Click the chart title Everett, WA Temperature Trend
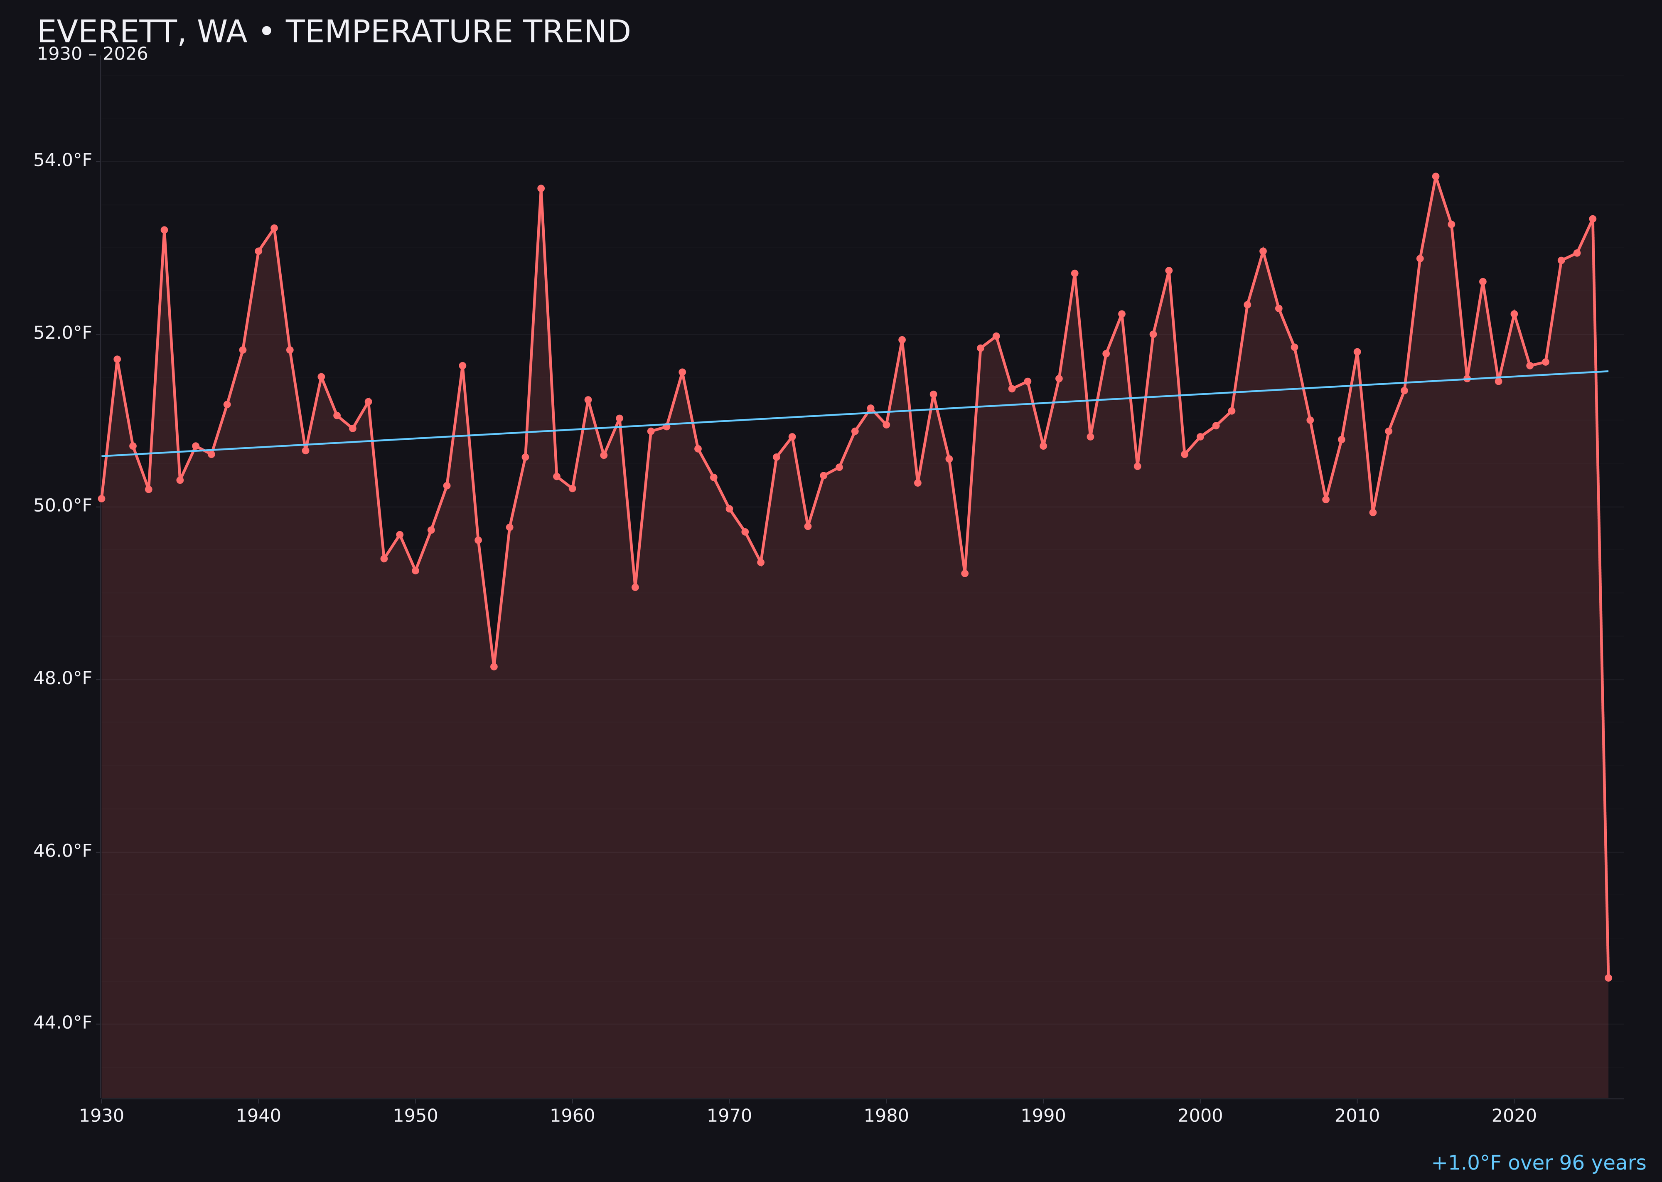click(333, 32)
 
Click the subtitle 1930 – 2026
click(92, 54)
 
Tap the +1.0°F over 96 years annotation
click(1538, 1163)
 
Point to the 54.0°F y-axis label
click(63, 160)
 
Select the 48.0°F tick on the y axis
click(63, 678)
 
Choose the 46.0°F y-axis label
click(63, 851)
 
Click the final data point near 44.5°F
click(1608, 978)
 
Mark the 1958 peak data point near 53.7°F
click(541, 189)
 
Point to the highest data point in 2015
click(1436, 176)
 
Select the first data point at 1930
click(102, 499)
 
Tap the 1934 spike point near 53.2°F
click(165, 230)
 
